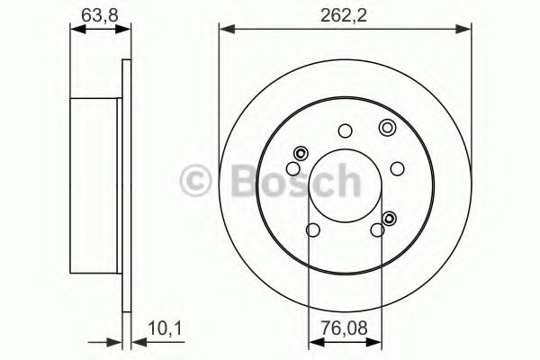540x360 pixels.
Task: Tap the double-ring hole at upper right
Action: tap(387, 127)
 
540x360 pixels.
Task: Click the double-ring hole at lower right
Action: tap(390, 217)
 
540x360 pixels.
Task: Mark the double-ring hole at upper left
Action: tap(301, 151)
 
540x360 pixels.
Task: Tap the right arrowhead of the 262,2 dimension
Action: tap(467, 31)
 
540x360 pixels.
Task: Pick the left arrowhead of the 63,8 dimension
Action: tap(76, 31)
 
